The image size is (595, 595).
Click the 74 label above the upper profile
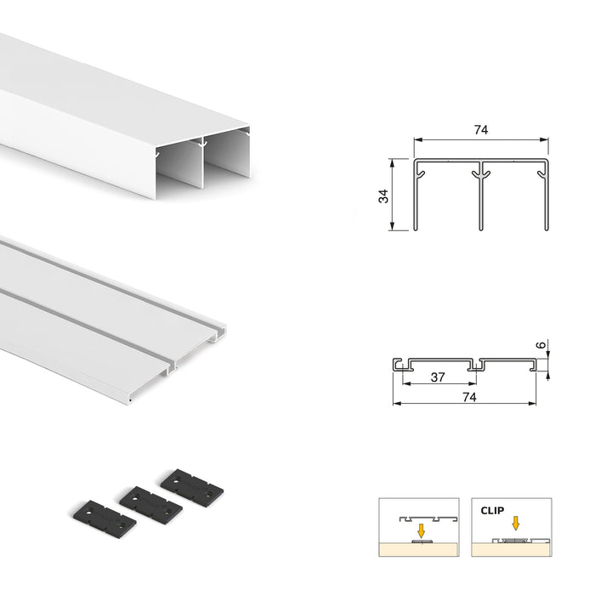[x=480, y=130]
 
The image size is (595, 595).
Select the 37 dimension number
[x=436, y=377]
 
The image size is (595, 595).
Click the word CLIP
[x=491, y=512]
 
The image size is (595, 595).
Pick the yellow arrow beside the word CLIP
[x=514, y=524]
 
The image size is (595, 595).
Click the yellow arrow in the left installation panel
[x=421, y=530]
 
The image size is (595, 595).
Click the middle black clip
[x=150, y=504]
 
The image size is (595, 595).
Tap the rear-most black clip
[x=192, y=485]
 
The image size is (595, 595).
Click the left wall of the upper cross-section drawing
[x=416, y=195]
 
